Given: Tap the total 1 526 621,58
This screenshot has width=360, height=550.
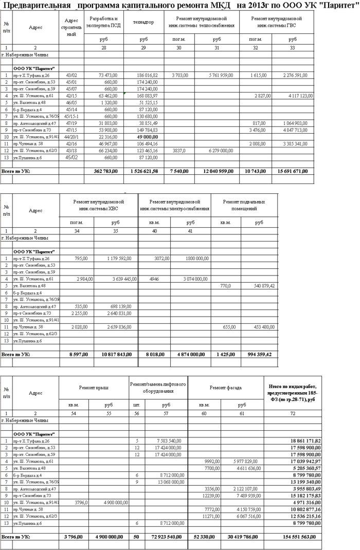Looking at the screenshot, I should (141, 170).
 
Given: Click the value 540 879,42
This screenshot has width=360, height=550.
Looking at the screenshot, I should (262, 285).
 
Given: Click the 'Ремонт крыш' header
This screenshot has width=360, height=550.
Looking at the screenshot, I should (93, 388).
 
